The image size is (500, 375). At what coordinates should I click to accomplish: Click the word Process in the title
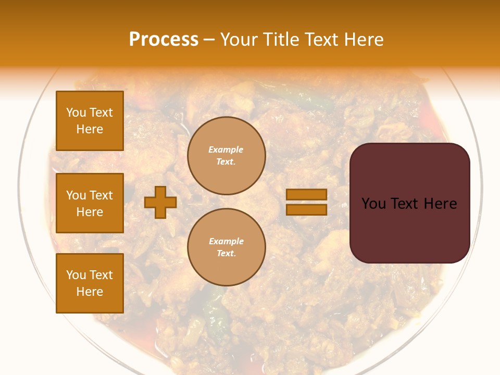[164, 40]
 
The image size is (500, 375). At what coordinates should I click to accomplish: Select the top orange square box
[90, 121]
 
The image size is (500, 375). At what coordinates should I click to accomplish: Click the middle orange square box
[90, 203]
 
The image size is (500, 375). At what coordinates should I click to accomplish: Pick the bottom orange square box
[90, 283]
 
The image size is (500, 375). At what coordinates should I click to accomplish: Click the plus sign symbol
[160, 202]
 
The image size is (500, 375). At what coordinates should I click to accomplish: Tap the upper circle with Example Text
[226, 155]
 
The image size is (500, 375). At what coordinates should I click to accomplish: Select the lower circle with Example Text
[226, 247]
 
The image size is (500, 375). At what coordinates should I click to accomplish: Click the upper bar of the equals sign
[306, 195]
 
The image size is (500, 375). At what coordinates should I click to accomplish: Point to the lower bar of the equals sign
[306, 209]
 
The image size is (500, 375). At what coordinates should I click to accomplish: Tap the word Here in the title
[362, 40]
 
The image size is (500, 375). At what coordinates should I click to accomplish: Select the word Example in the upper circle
[226, 149]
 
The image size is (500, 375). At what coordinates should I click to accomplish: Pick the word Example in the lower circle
[226, 241]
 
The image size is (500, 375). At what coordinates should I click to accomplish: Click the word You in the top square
[76, 113]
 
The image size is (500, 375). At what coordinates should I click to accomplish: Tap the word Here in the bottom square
[90, 292]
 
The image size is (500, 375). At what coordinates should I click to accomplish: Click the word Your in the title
[239, 40]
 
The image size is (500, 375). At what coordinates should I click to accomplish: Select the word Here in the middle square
[90, 212]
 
